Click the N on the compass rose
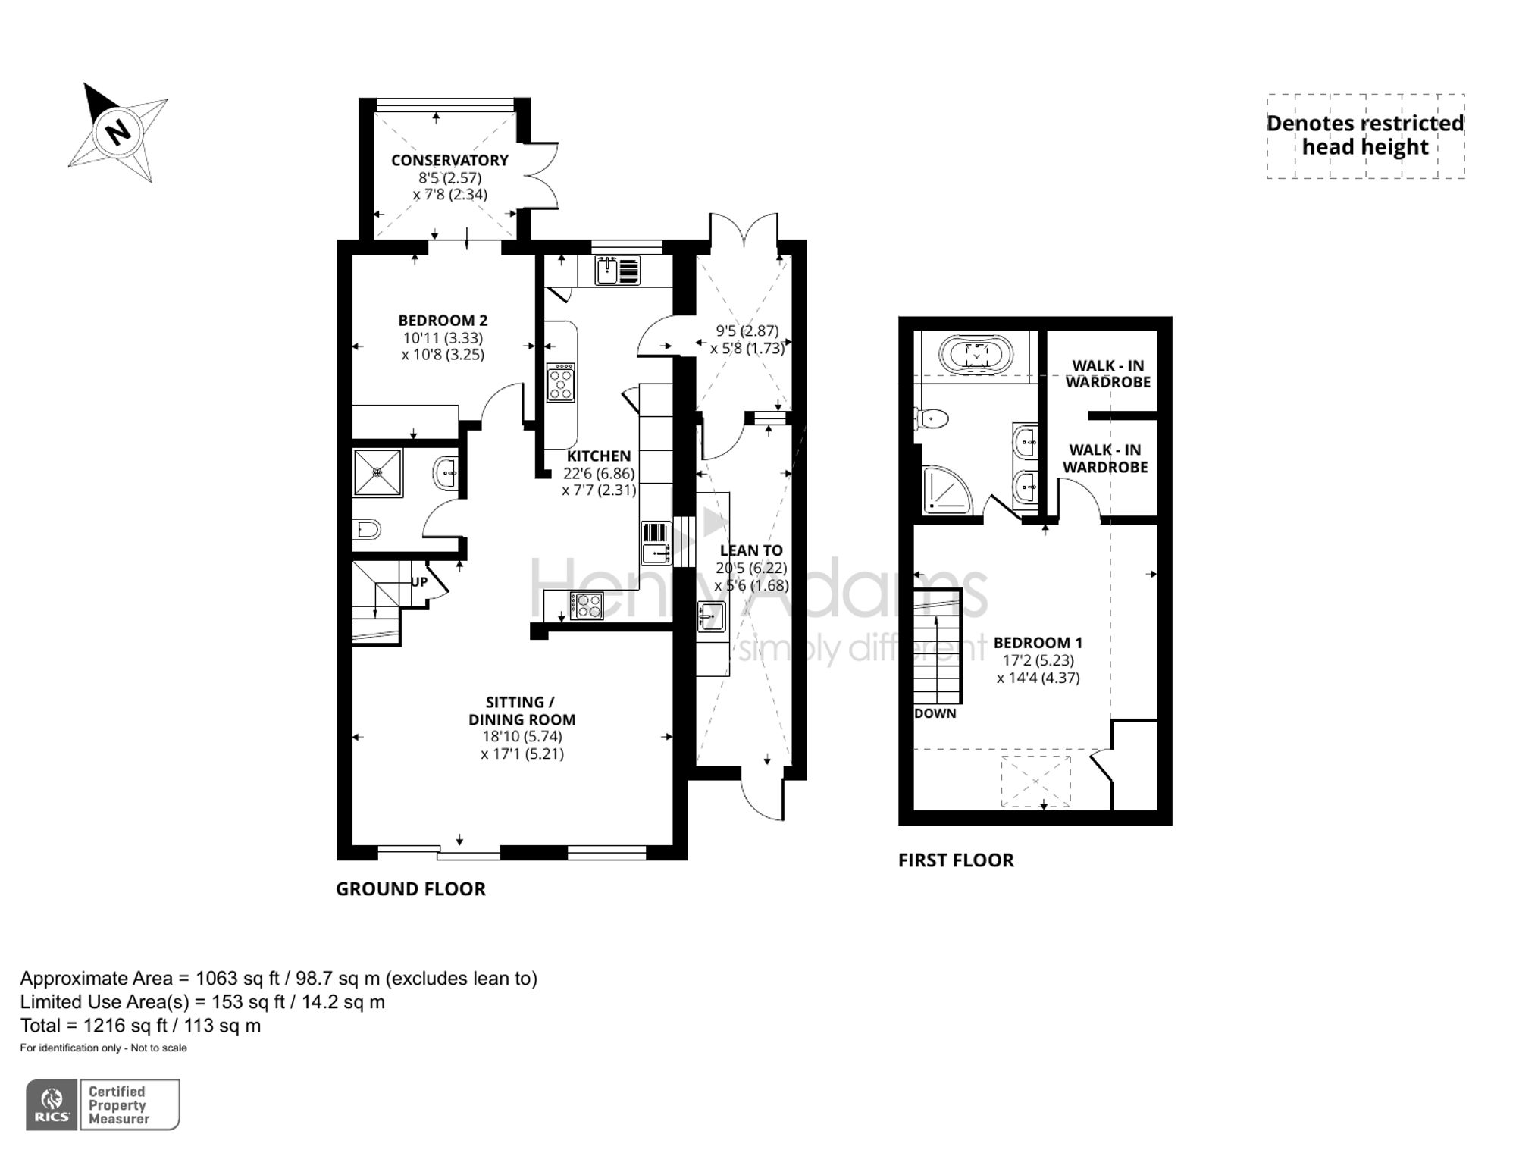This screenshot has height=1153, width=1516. (117, 133)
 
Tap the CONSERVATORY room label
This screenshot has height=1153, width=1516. (449, 161)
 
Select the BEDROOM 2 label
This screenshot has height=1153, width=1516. (443, 321)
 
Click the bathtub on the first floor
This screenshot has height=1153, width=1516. (976, 354)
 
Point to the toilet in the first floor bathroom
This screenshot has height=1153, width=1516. (933, 418)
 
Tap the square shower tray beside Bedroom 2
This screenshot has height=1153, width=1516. (377, 472)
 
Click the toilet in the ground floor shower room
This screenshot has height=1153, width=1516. (367, 528)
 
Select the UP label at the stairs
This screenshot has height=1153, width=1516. (419, 582)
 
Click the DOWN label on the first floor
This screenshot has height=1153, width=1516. (935, 713)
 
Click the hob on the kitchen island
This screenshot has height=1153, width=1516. (561, 382)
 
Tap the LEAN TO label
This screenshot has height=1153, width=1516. (751, 550)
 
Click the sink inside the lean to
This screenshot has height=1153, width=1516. (711, 616)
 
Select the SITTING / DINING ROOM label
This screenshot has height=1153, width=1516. (522, 711)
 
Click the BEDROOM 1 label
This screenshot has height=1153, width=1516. (1038, 643)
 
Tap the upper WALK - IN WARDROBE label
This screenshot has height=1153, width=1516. (1107, 374)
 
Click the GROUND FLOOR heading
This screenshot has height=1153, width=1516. (410, 888)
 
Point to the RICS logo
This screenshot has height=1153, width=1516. (52, 1104)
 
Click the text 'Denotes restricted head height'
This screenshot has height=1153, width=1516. (1364, 135)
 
